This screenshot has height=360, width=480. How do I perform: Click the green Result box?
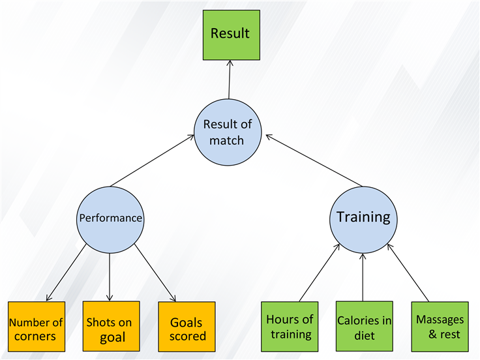pos(232,35)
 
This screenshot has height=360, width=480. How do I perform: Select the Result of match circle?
pos(228,132)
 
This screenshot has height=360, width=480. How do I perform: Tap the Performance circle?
pos(110,220)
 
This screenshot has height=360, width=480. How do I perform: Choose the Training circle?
pos(363,220)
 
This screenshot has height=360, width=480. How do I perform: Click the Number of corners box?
pos(37,327)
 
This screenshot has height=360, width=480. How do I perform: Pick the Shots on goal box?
pos(111,326)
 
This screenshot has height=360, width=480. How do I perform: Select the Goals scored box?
pos(187,327)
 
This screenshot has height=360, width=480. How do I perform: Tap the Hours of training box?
pos(290,327)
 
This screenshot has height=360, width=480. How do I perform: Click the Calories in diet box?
pos(365,326)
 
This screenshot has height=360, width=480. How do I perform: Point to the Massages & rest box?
pos(440,327)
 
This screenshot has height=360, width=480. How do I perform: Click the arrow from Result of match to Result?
pos(230,80)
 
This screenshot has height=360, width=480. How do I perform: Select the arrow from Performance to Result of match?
pos(153,160)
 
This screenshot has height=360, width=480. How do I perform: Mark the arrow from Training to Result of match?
pos(314,160)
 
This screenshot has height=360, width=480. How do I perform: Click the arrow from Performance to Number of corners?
pos(66,273)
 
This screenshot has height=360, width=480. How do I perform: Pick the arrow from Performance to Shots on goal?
pos(110,277)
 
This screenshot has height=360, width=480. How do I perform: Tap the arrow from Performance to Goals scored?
pos(155,273)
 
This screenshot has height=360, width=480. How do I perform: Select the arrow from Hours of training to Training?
pos(320,273)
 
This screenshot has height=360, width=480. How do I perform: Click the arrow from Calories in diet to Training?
pos(363,277)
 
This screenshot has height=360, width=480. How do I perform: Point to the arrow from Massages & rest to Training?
pos(408,273)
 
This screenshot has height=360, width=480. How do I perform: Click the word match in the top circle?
pos(226,140)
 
